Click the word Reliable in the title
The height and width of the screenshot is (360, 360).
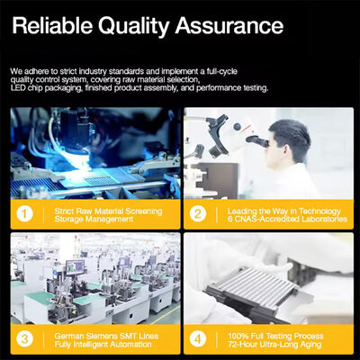52,25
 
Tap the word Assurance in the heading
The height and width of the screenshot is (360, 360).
229,25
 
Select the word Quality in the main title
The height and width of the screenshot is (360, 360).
134,27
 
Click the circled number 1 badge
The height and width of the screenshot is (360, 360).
24,214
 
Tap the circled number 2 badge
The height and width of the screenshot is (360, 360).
198,214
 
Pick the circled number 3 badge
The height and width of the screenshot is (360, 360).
24,339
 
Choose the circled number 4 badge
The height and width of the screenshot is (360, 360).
198,339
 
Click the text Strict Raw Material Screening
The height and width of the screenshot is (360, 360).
108,211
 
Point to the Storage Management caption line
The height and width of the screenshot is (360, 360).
94,220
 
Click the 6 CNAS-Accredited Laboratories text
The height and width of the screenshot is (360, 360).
287,219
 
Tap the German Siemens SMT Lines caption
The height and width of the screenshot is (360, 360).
106,336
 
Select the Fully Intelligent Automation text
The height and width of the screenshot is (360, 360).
103,345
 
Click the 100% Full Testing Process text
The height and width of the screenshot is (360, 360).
275,336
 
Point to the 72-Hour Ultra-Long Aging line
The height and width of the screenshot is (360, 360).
274,345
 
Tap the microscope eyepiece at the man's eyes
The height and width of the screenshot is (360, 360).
258,141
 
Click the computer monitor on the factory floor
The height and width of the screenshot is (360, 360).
75,267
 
